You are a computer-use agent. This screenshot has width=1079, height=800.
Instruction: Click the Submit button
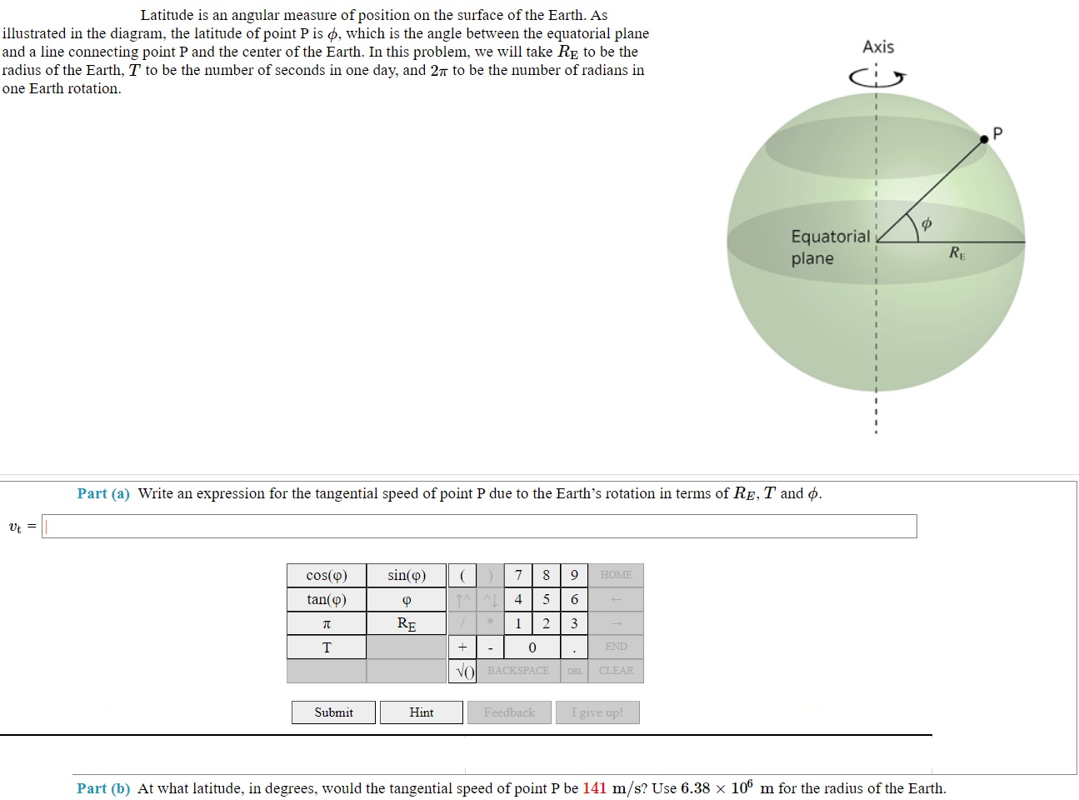coord(333,712)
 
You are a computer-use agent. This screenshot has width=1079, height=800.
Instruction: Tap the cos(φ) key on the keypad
coord(327,575)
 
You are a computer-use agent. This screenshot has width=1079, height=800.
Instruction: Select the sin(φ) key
coord(407,575)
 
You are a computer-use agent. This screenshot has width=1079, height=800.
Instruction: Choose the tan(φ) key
coord(327,599)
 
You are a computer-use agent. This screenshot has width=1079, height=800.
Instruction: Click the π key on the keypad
coord(327,623)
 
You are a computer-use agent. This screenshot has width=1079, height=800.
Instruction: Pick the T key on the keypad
coord(327,647)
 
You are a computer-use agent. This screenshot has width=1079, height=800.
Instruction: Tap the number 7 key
coord(518,575)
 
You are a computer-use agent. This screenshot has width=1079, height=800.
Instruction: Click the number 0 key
coord(532,647)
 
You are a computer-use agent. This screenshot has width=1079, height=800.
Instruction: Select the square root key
coord(462,671)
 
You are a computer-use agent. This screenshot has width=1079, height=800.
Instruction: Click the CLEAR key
coord(616,671)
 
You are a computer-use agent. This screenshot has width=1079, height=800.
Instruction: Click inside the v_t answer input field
coord(479,527)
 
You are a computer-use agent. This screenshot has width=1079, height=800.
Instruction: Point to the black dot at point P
coord(984,139)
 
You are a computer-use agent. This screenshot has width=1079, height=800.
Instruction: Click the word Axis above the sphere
coord(878,47)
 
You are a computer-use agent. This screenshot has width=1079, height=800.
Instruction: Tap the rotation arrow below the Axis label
coord(877,78)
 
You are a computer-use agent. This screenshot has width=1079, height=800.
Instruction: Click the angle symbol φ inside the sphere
coord(926,223)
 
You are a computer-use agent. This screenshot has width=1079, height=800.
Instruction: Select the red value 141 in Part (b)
coord(594,788)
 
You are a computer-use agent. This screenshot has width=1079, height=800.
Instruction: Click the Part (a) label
coord(103,493)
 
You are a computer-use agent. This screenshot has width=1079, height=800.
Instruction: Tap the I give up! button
coord(597,712)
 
